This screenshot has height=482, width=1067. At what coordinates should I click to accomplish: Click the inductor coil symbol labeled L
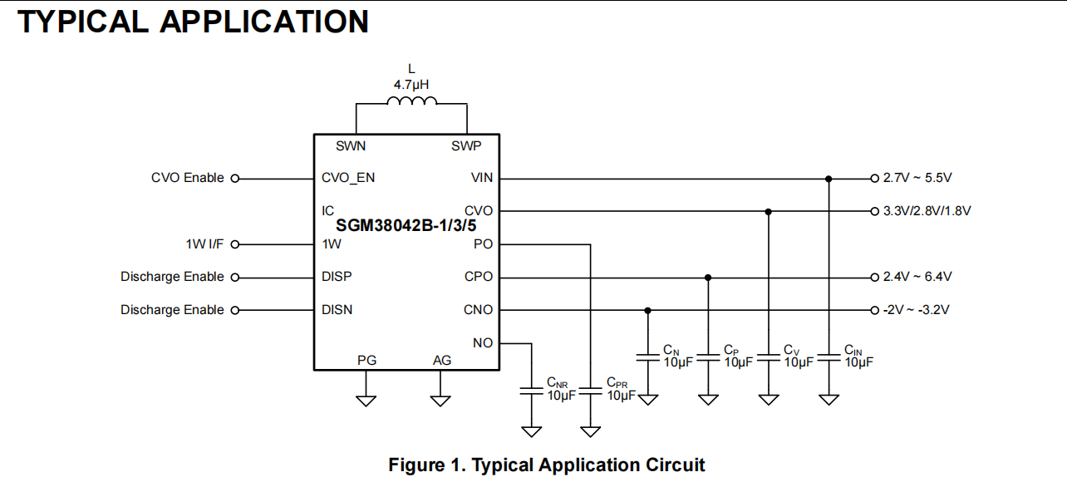[411, 101]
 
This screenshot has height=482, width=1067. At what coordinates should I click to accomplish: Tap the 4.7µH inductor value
[411, 85]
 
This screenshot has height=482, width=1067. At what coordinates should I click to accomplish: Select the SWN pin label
[351, 145]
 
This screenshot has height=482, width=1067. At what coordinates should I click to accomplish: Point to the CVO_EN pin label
[348, 178]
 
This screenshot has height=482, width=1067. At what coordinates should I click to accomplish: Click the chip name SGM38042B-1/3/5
[406, 225]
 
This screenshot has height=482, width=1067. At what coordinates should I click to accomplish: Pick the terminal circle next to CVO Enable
[235, 179]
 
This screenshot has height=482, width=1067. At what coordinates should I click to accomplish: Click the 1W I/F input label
[204, 244]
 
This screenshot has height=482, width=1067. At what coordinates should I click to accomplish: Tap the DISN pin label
[337, 310]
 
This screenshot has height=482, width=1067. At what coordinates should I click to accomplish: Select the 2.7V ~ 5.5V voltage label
[917, 178]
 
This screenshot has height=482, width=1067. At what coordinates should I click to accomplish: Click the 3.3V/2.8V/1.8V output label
[927, 211]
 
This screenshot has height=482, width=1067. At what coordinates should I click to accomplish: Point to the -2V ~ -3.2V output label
[916, 310]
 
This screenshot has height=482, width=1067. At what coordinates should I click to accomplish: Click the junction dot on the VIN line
[829, 179]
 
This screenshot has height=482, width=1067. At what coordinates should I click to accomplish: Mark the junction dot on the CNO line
[647, 311]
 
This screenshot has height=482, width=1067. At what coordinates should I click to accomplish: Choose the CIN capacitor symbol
[829, 357]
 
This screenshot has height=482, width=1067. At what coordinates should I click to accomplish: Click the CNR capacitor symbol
[532, 391]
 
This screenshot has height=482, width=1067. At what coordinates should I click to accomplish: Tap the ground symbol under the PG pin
[366, 401]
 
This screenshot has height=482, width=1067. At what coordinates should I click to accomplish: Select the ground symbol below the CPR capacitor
[590, 432]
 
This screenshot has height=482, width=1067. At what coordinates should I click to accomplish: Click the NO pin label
[483, 343]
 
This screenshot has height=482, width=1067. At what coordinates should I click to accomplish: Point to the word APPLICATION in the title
[264, 22]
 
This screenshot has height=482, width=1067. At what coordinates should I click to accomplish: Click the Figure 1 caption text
[546, 465]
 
